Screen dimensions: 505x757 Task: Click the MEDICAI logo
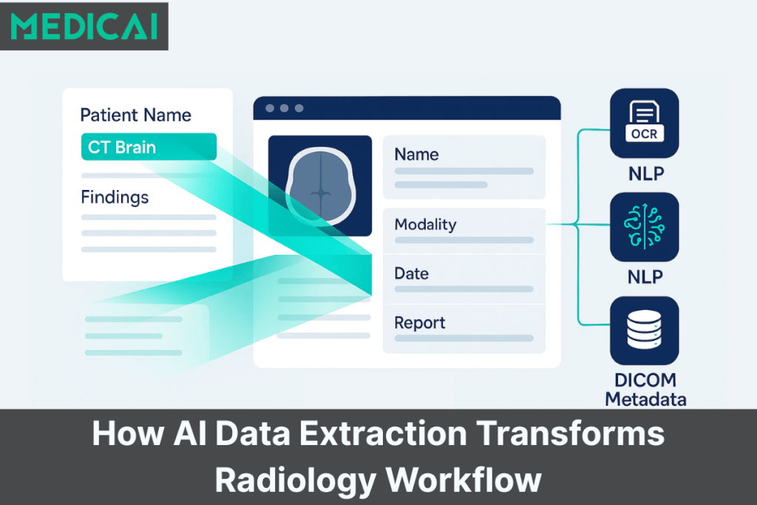tap(84, 26)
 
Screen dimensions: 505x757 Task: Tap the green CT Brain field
tap(148, 146)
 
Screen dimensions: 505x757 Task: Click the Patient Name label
tap(135, 115)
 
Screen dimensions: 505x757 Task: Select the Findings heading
tap(114, 197)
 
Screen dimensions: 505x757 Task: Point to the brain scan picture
tap(319, 186)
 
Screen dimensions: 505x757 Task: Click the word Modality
tap(425, 224)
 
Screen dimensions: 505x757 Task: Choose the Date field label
tap(411, 274)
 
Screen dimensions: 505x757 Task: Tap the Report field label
tap(419, 323)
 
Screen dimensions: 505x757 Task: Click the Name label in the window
tap(416, 155)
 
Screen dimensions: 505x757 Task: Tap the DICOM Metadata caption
tap(645, 390)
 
